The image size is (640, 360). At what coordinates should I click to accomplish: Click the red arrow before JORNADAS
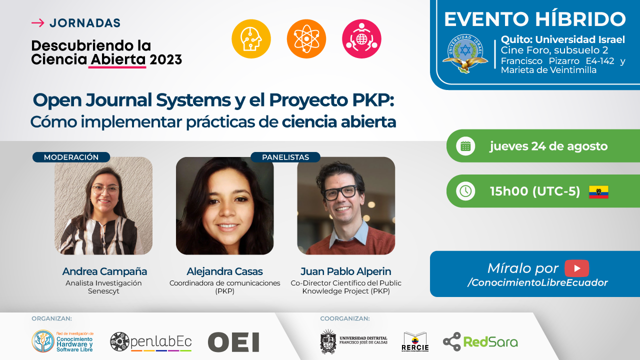point(37,23)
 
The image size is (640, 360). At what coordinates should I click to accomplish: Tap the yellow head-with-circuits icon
point(251,39)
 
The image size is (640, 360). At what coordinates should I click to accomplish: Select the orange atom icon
point(306,39)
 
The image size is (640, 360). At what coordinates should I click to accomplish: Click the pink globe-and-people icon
point(361,39)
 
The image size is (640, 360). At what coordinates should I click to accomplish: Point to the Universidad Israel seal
point(465,53)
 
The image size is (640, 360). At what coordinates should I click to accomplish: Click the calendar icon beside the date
point(465,146)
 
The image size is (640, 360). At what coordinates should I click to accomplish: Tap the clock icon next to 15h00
point(465,191)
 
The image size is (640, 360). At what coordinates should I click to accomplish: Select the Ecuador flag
point(598,192)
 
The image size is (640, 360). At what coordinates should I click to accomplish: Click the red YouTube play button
point(576,268)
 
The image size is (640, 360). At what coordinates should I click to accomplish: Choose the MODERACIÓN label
point(71,157)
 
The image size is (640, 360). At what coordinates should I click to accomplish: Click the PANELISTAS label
point(285,157)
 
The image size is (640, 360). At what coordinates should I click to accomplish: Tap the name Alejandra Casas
point(224,271)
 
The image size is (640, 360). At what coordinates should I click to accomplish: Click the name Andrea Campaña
point(104,271)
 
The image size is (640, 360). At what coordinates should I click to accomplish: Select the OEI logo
point(233,342)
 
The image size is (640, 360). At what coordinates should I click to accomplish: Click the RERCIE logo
point(415,341)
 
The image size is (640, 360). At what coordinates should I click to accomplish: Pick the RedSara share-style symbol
point(452,341)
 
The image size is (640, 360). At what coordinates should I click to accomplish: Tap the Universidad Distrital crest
point(328,341)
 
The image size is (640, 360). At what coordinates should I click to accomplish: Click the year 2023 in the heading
point(165,59)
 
